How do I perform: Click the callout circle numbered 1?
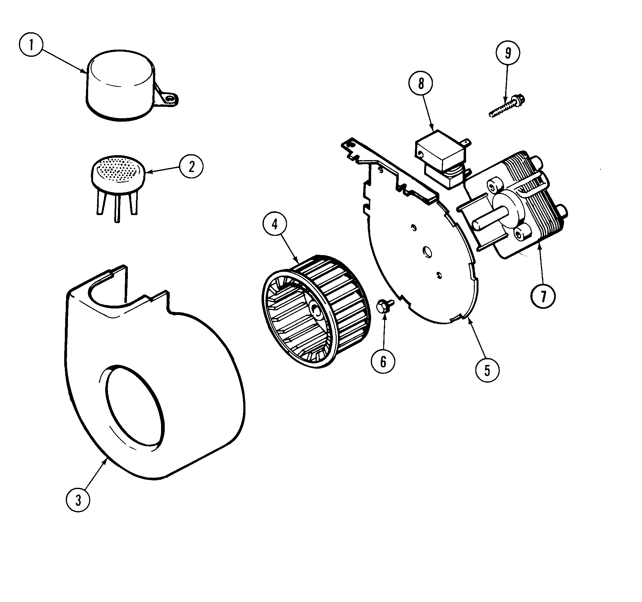point(31,45)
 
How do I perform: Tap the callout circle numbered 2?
point(191,167)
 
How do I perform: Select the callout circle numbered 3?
point(78,500)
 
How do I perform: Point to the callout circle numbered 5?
point(487,371)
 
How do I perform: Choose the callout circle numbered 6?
point(383,362)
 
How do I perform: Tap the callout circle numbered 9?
point(508,53)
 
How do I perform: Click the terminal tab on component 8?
point(466,142)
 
